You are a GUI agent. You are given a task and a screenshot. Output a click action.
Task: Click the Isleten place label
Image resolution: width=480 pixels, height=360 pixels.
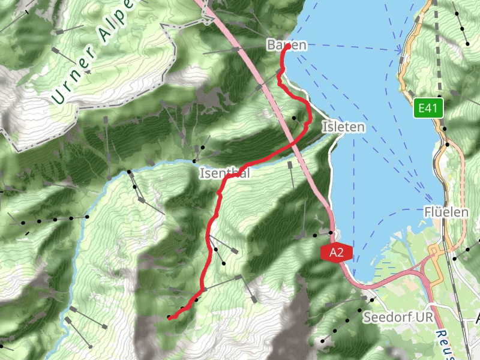[x=343, y=127]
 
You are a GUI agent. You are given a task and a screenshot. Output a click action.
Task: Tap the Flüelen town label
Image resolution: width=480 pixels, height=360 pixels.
[x=446, y=212]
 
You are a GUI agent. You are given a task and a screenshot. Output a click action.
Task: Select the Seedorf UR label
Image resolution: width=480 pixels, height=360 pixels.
[x=393, y=316]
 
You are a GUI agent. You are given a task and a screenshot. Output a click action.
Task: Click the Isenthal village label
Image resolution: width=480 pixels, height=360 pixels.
[x=224, y=173]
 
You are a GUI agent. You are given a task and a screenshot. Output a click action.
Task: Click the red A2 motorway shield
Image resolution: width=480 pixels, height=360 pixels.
[x=336, y=253]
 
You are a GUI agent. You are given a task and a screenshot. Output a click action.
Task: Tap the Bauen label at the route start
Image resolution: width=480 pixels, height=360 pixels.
[x=287, y=45]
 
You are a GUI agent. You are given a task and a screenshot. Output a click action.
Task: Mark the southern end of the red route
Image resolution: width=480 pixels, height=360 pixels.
[x=169, y=318]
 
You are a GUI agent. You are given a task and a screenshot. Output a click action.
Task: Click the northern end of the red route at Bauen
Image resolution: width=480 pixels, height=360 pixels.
[x=288, y=46]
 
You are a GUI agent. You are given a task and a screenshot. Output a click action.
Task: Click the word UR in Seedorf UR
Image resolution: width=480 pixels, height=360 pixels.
[x=414, y=316]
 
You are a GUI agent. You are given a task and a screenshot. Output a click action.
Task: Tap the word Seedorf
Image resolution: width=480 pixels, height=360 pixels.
[x=384, y=316]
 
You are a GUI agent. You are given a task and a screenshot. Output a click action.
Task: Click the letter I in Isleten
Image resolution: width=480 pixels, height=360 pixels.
[x=325, y=127]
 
